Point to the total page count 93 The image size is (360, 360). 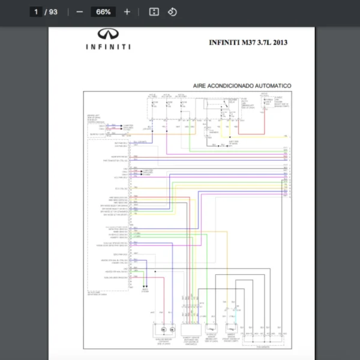tap(53, 11)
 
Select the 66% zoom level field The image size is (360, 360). tap(103, 11)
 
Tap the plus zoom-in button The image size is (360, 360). tap(127, 11)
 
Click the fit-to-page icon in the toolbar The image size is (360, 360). tap(154, 11)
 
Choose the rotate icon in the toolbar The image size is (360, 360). tap(172, 11)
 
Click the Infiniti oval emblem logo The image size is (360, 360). tap(107, 35)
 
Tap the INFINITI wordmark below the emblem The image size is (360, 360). tap(107, 47)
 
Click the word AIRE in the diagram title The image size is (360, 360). tap(199, 86)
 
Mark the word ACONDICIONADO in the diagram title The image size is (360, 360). tap(230, 86)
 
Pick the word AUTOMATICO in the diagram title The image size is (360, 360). tap(273, 86)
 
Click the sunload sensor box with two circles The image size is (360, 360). tap(167, 329)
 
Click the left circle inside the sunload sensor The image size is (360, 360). tap(162, 329)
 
